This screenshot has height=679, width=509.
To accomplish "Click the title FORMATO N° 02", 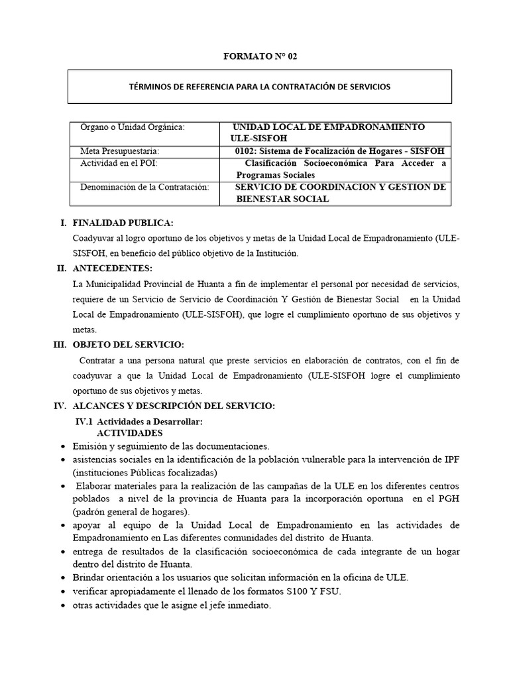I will [x=260, y=56].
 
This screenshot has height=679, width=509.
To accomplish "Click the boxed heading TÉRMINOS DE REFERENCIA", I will [x=259, y=87].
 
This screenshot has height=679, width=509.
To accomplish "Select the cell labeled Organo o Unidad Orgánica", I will [x=133, y=127].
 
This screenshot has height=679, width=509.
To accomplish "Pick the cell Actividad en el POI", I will [x=119, y=163].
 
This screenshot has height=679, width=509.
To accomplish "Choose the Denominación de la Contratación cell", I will [x=144, y=187].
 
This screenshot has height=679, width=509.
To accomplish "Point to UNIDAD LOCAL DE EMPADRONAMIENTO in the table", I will [x=329, y=127].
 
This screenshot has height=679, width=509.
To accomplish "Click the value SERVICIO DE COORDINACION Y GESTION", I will [x=341, y=187].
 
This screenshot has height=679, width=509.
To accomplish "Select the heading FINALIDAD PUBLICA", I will [x=123, y=223].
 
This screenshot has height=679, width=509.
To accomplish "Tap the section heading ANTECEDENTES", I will [x=112, y=269].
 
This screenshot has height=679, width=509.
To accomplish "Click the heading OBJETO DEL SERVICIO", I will [x=128, y=345].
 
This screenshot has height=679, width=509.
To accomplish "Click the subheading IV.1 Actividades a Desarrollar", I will [x=139, y=422].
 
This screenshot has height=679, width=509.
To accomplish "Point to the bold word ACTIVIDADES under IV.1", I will [x=130, y=432].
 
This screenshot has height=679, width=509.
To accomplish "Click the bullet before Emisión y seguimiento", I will [x=62, y=446].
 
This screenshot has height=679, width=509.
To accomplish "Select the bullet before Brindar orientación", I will [x=62, y=578].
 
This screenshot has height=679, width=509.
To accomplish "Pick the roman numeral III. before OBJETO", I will [x=61, y=345].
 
